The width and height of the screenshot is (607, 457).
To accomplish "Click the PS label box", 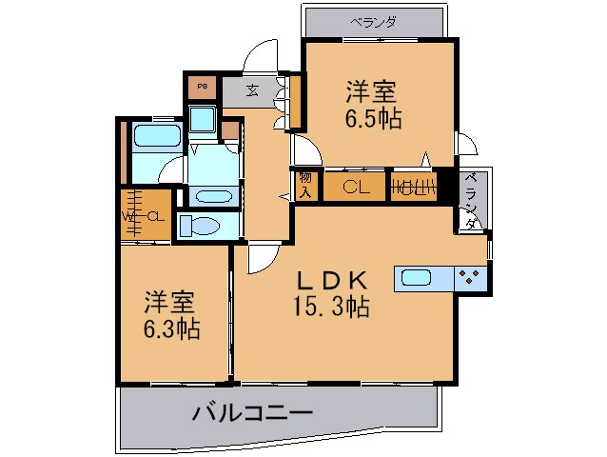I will [x=202, y=88].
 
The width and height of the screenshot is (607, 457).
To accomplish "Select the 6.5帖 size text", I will [x=372, y=118].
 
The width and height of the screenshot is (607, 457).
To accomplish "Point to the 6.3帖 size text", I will [x=172, y=329].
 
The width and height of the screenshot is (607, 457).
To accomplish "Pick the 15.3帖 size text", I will [x=331, y=307].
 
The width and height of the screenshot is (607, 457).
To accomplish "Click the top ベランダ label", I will [x=372, y=21].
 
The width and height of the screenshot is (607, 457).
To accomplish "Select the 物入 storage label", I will [x=305, y=184].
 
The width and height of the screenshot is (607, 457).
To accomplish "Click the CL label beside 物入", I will [x=356, y=187].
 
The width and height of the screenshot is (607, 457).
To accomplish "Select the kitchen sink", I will [x=417, y=277].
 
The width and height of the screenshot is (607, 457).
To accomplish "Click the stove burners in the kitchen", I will [x=470, y=277].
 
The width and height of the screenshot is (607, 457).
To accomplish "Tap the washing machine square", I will [x=202, y=120].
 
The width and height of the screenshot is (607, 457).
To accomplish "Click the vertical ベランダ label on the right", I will [x=471, y=200].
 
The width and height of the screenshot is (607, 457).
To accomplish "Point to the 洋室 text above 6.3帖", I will [x=171, y=304].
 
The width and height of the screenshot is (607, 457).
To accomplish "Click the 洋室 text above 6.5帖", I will [x=371, y=92].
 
